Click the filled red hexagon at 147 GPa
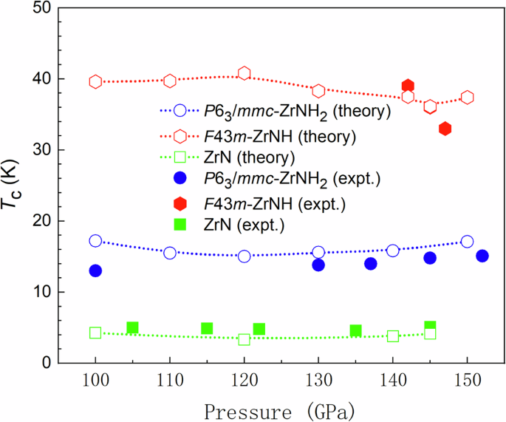[445, 129]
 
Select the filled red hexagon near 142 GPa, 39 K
[408, 86]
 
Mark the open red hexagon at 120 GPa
[245, 73]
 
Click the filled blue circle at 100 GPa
[95, 270]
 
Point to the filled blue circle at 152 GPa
[482, 256]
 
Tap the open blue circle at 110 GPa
[170, 253]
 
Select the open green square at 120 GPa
[245, 339]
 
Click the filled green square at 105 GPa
[133, 327]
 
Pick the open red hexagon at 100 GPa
[95, 81]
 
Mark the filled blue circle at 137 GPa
[371, 264]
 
